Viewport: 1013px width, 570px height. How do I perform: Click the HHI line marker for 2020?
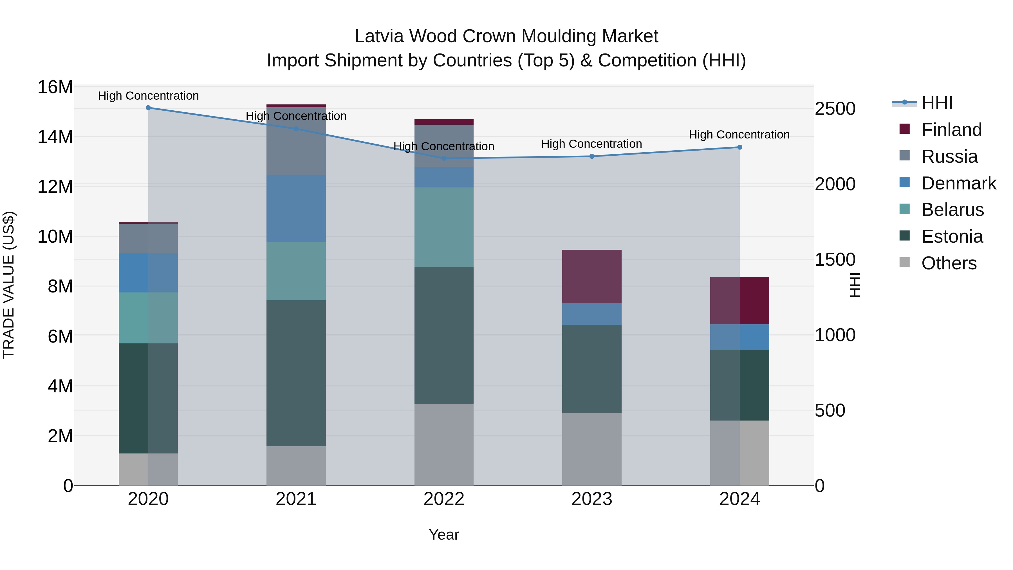tap(148, 108)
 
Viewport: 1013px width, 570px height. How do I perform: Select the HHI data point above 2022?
tap(444, 158)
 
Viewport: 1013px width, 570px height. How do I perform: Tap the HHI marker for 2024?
tap(739, 147)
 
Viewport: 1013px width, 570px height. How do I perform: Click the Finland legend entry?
tap(951, 130)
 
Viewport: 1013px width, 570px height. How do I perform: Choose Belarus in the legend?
tap(952, 210)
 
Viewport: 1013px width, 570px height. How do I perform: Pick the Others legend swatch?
tap(904, 262)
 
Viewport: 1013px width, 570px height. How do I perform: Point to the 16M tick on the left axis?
tap(55, 87)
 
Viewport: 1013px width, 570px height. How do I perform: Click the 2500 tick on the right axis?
tap(835, 109)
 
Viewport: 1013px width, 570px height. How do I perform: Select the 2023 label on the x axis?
tap(591, 499)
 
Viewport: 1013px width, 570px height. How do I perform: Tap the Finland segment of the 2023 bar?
tap(591, 276)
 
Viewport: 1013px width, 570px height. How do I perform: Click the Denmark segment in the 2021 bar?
tap(296, 209)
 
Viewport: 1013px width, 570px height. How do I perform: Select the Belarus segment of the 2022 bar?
tap(444, 227)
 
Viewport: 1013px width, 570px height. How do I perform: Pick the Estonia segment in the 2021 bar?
tap(296, 373)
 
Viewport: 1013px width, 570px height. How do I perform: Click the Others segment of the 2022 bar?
tap(444, 444)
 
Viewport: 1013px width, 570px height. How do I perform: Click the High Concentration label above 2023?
tap(591, 144)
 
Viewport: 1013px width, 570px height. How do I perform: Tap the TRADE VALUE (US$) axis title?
tap(9, 285)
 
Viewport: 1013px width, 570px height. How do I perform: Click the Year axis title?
tap(443, 535)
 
